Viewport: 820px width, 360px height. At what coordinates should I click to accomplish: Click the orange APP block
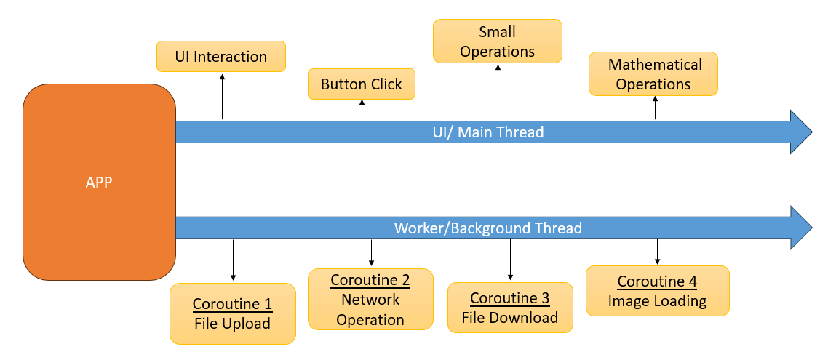click(x=99, y=182)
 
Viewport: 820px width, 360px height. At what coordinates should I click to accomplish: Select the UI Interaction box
click(x=220, y=57)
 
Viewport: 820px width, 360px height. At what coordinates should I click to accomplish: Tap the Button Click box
click(x=362, y=84)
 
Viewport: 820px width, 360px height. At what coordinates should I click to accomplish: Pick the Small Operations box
click(x=498, y=41)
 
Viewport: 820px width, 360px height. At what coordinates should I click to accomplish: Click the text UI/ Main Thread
click(x=483, y=132)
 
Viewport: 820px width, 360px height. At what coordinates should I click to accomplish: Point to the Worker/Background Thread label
click(x=487, y=228)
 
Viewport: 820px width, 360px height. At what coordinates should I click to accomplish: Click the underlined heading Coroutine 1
click(x=232, y=304)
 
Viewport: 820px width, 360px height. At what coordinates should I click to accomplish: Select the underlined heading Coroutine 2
click(x=370, y=280)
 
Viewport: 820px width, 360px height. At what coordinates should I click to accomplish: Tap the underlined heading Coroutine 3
click(x=509, y=298)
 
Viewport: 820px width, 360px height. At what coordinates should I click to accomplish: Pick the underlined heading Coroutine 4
click(x=657, y=281)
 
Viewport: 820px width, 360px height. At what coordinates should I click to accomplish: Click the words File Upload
click(x=232, y=324)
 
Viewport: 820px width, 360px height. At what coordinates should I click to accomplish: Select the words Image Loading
click(x=657, y=301)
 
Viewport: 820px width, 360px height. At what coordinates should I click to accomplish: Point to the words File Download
click(x=509, y=318)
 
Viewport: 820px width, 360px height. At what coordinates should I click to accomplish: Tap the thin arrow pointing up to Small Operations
click(x=498, y=91)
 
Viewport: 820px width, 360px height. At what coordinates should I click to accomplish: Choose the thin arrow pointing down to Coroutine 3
click(x=510, y=259)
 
